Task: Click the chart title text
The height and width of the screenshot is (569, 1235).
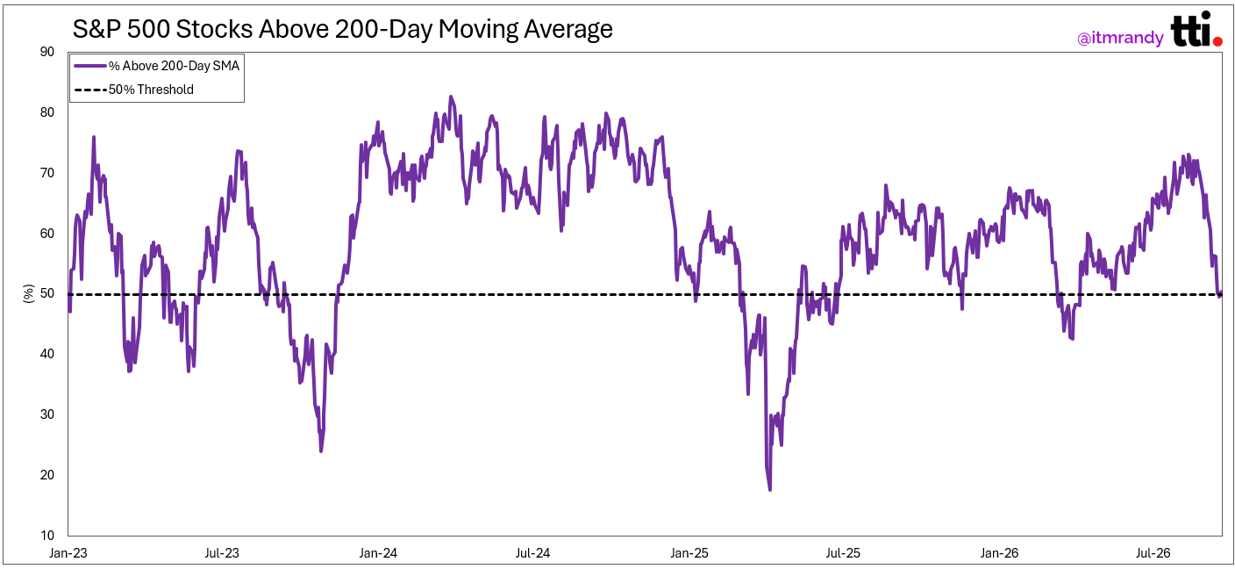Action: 342,29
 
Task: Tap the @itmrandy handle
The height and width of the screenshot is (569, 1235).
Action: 1120,38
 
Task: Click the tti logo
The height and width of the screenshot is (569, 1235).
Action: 1196,30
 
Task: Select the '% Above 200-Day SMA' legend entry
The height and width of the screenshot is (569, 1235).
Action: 157,66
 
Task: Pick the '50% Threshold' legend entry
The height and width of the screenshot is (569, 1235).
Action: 134,90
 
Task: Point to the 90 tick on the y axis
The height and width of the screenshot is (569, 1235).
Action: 47,52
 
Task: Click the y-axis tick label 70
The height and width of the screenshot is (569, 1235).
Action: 47,173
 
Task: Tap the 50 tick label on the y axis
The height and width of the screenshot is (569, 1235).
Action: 47,293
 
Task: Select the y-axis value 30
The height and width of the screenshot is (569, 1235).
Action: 47,414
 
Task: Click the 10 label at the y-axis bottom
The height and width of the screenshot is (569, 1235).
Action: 47,536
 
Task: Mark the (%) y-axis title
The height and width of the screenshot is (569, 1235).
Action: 28,293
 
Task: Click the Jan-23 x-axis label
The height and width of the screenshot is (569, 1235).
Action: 68,553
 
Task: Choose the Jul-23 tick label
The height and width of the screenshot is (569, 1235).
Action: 222,553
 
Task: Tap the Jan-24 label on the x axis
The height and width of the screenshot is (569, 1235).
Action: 378,553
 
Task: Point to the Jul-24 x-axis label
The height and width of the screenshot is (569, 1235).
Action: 532,553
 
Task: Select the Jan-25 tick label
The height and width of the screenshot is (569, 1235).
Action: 689,553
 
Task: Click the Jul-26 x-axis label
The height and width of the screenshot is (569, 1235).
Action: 1153,553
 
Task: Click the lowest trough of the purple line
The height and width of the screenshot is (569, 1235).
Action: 769,489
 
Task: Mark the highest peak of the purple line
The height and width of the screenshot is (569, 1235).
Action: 451,97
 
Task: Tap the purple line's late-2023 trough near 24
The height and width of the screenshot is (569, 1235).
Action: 321,451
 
